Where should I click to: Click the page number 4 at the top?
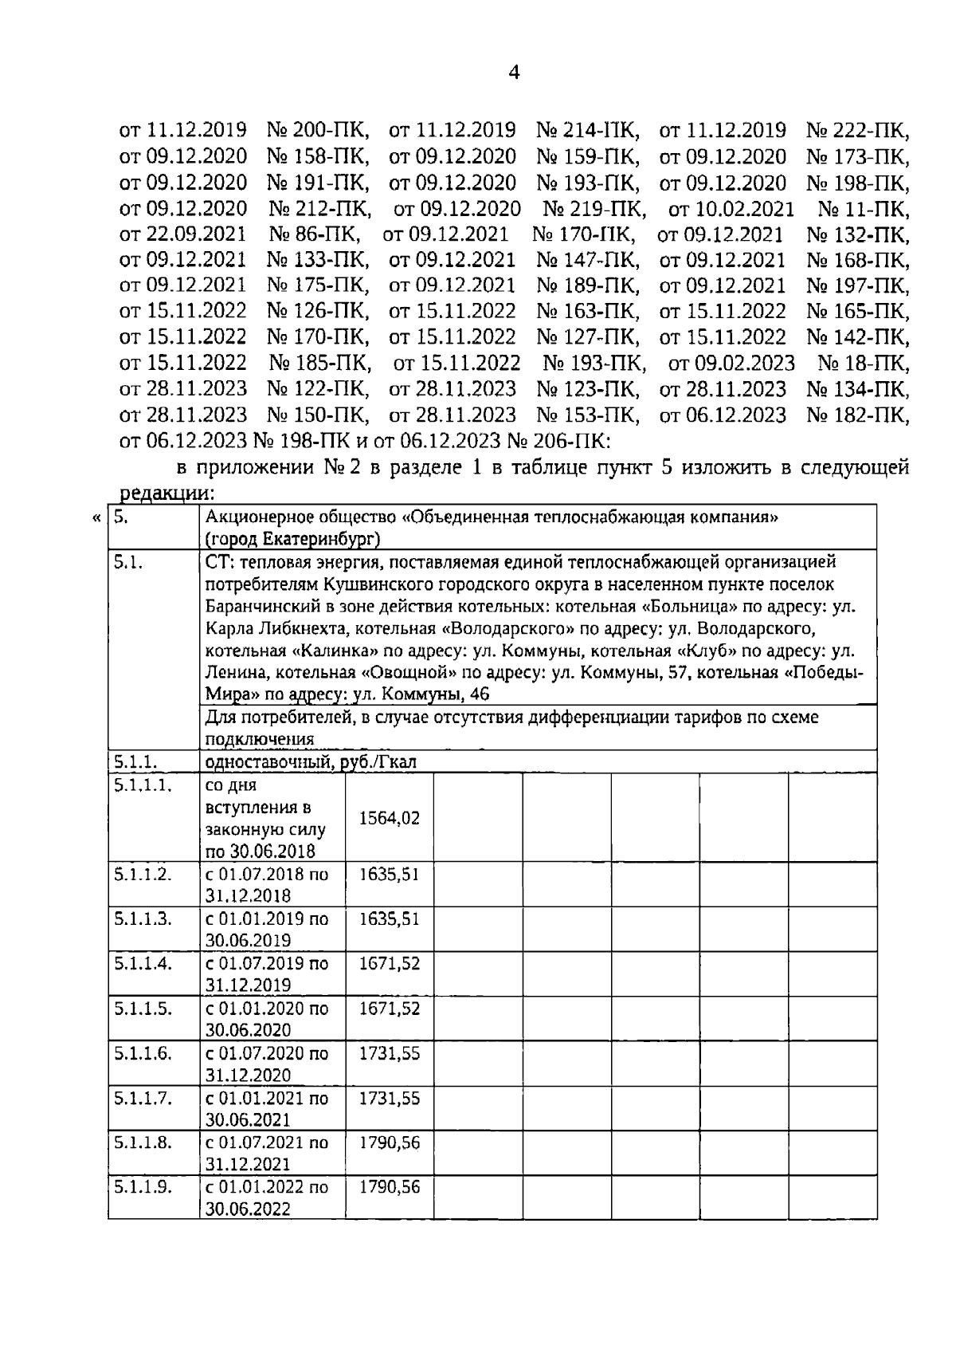(x=514, y=73)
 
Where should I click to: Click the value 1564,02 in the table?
(x=389, y=818)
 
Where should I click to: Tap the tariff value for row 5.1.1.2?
(x=389, y=874)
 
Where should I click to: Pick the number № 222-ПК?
(x=857, y=129)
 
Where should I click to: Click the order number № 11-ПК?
(x=863, y=210)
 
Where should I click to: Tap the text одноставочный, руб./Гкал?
(x=311, y=762)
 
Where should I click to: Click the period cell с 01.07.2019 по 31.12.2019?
(x=267, y=973)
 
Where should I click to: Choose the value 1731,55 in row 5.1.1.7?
(x=389, y=1098)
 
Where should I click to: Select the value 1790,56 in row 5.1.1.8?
(x=389, y=1143)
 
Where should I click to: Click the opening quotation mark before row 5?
(x=96, y=518)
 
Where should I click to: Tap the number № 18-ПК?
(x=863, y=364)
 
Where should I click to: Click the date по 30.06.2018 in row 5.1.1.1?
(x=261, y=850)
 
